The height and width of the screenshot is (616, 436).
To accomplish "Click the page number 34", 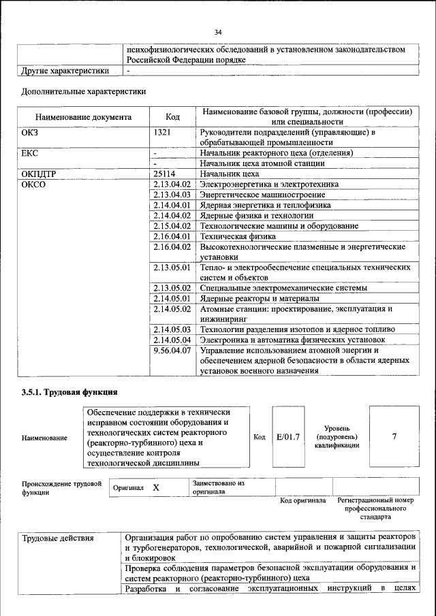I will click(x=218, y=32).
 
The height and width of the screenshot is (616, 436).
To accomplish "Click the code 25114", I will click(x=167, y=174).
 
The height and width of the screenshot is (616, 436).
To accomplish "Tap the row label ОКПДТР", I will click(x=39, y=174).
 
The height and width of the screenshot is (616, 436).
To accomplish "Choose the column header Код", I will click(x=173, y=116).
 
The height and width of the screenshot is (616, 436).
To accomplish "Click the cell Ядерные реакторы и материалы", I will click(x=259, y=298).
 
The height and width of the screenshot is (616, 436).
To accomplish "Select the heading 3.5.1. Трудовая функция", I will click(x=70, y=392).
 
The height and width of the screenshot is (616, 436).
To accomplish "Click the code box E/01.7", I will click(x=288, y=436).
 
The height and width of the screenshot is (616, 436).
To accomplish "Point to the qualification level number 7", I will click(x=394, y=436).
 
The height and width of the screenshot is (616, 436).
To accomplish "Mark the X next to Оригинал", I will click(x=156, y=488).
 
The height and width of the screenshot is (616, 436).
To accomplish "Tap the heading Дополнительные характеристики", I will click(x=83, y=91).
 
